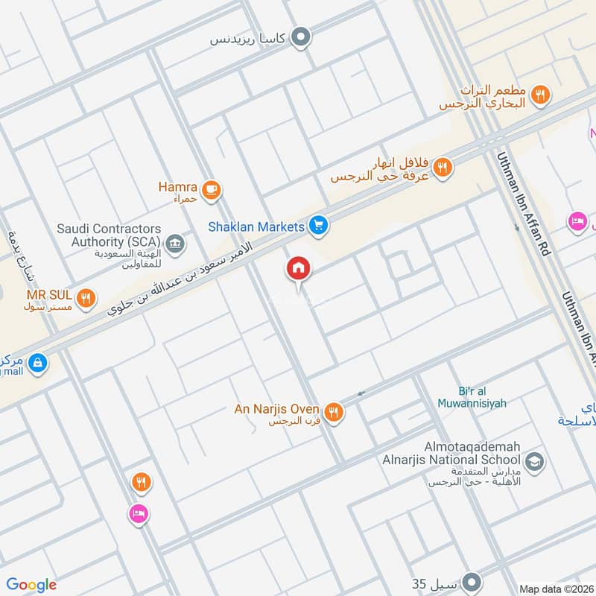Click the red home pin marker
coord(299,269)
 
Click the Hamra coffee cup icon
coord(211,190)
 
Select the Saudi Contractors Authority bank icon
coord(175,243)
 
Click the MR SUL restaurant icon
coord(87,299)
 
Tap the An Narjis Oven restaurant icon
coord(334,412)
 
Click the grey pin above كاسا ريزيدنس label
coord(300,36)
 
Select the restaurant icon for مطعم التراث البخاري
coord(542,95)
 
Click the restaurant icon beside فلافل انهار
coord(443,168)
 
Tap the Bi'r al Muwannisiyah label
coord(481,397)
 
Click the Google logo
coord(31,585)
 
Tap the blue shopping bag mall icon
coord(39,364)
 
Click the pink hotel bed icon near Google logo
coord(139,513)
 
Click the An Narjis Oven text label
coord(277,410)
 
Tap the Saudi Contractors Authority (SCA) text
coord(109,235)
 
